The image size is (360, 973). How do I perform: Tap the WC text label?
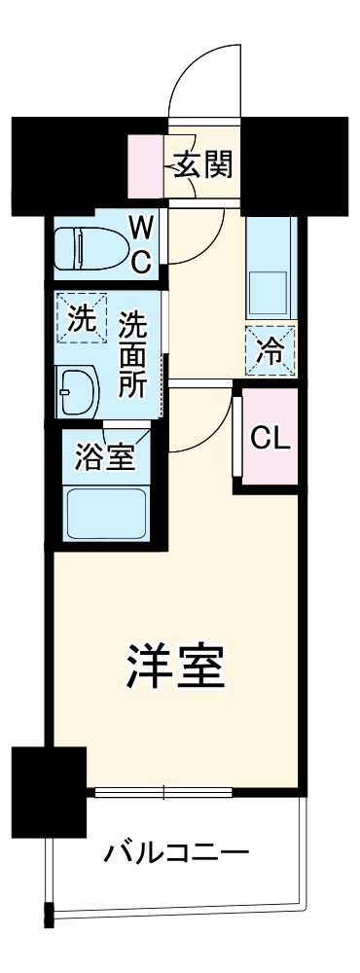pos(141,244)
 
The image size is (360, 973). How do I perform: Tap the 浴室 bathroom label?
pos(107,455)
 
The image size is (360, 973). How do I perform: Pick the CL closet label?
pos(270,438)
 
